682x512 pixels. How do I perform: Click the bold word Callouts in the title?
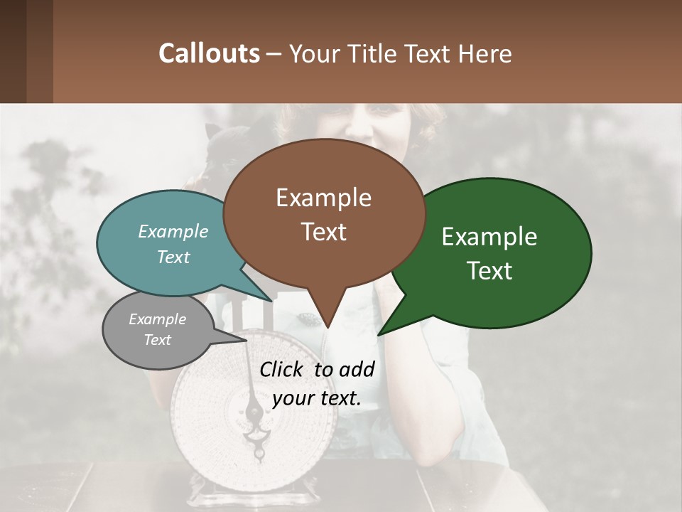point(209,54)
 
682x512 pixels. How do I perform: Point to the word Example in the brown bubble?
point(324,198)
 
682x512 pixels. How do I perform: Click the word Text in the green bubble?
point(489,271)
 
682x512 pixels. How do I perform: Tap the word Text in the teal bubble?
point(173,257)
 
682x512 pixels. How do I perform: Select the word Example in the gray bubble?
point(157,319)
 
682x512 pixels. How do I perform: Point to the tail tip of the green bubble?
point(379,334)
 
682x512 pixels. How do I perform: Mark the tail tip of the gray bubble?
point(247,339)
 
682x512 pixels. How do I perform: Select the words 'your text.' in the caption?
point(317,399)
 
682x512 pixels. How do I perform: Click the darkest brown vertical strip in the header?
point(13,51)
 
